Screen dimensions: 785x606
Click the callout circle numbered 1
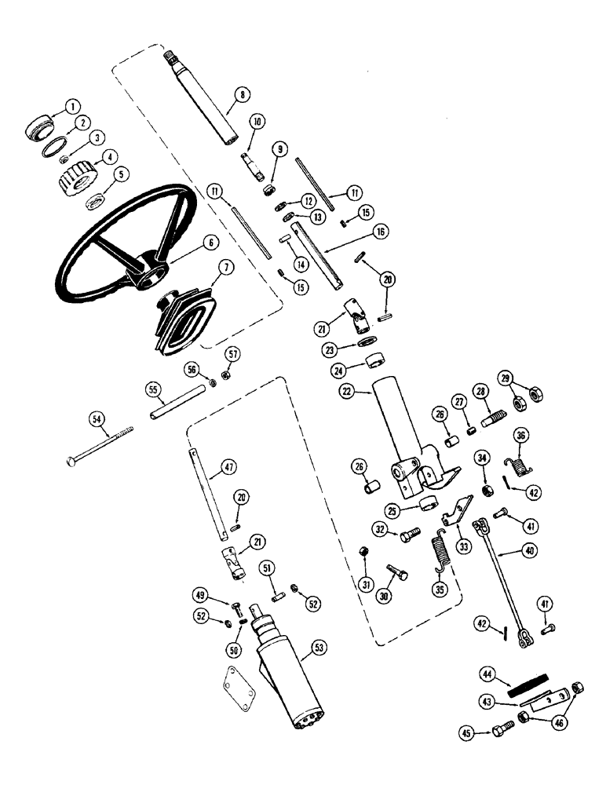pyautogui.click(x=72, y=104)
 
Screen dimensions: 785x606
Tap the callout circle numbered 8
pyautogui.click(x=243, y=95)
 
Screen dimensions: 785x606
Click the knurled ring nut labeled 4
pyautogui.click(x=76, y=181)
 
